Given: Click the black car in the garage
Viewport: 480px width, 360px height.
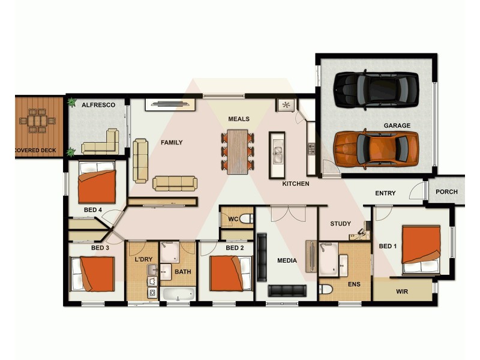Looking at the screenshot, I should pyautogui.click(x=376, y=89).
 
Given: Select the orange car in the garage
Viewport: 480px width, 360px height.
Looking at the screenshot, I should pyautogui.click(x=376, y=148).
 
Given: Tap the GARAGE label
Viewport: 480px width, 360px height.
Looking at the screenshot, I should pyautogui.click(x=397, y=125).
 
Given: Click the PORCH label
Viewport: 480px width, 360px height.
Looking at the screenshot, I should pyautogui.click(x=446, y=192).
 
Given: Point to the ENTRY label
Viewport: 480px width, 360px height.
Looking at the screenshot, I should pyautogui.click(x=385, y=193).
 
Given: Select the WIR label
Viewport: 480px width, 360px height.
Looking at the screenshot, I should pyautogui.click(x=402, y=292).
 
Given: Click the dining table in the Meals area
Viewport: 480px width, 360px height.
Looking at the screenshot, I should pyautogui.click(x=238, y=152).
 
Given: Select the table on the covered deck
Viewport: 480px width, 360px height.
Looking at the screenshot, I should pyautogui.click(x=37, y=121).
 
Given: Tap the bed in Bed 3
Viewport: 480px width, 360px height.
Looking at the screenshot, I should pyautogui.click(x=92, y=274).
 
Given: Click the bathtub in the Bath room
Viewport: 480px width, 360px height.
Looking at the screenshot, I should pyautogui.click(x=178, y=294).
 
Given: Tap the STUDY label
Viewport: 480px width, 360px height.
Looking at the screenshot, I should pyautogui.click(x=341, y=224).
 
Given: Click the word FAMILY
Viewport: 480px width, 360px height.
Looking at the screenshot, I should pyautogui.click(x=171, y=143).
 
